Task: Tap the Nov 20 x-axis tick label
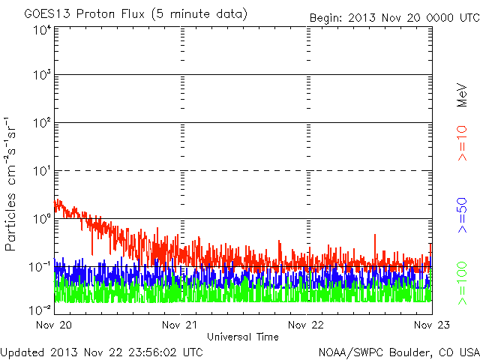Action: pos(54,326)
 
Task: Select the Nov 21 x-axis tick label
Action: pos(181,326)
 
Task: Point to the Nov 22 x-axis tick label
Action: pos(307,326)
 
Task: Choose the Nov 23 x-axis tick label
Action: pos(432,326)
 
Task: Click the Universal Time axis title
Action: pos(243,337)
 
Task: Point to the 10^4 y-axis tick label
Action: pos(40,30)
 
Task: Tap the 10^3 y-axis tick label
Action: pos(40,76)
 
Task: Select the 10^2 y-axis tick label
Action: pos(40,124)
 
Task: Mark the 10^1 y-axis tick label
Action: pos(40,172)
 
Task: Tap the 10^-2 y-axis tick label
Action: pos(39,308)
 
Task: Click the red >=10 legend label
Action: pos(463,142)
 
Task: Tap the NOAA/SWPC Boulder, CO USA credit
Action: pos(398,352)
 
